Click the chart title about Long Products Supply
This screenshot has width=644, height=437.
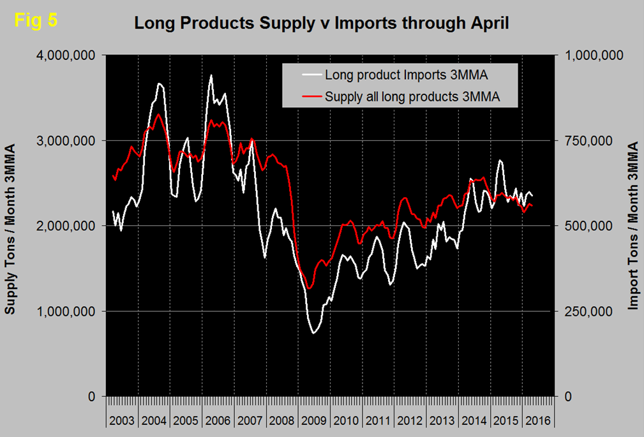(321, 24)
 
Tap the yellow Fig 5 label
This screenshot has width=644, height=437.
(36, 20)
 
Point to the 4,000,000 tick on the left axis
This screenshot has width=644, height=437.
(67, 56)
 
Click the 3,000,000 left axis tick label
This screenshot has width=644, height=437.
(67, 140)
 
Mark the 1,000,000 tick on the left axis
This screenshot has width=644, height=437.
(67, 311)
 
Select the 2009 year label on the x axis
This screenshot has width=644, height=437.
(314, 421)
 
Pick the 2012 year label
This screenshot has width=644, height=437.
(410, 421)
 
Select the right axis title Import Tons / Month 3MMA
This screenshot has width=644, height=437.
(633, 226)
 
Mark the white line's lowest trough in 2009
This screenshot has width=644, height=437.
(313, 333)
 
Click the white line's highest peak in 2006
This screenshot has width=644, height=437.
(211, 75)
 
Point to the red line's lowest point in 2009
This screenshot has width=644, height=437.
(309, 288)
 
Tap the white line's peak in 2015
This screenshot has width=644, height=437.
(500, 160)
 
